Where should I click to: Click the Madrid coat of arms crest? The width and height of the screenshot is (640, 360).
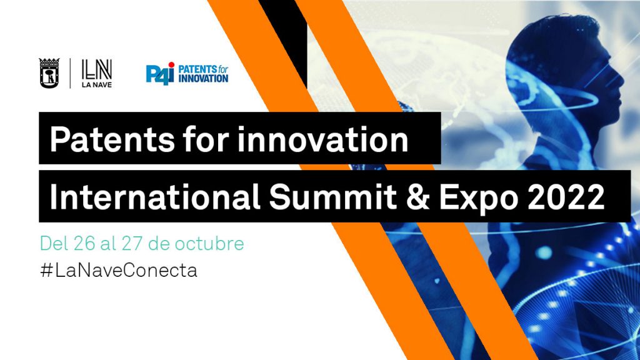49,74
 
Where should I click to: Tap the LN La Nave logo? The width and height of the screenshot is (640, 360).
97,74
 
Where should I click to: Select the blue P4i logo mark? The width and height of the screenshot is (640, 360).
160,74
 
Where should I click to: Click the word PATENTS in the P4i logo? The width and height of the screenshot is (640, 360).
197,69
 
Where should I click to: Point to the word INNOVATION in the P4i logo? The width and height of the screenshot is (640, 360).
203,78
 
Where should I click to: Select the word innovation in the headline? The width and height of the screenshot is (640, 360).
323,139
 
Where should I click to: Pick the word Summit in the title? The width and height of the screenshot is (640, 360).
332,197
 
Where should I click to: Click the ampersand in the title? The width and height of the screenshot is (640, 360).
417,197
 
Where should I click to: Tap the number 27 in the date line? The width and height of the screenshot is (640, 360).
132,244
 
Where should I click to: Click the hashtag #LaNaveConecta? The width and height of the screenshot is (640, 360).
119,270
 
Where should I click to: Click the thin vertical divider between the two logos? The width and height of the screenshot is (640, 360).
70,74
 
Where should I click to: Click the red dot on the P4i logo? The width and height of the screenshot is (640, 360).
171,65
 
